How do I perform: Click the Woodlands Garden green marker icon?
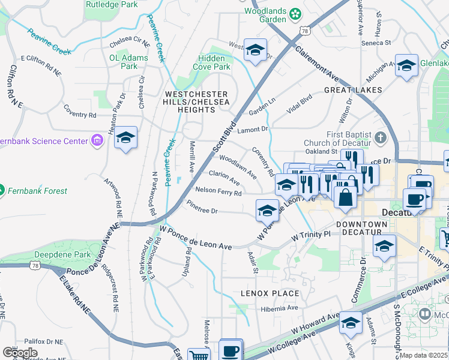[x=295, y=13]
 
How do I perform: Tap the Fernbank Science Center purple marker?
[x=96, y=142]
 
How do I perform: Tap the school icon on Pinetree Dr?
[x=267, y=209]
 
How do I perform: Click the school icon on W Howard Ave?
[x=350, y=323]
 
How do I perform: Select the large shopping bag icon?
[x=346, y=197]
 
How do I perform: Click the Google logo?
[x=20, y=353]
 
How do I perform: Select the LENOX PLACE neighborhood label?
[x=270, y=293]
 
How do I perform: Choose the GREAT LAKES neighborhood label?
[x=353, y=90]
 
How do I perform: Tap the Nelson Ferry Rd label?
[x=218, y=193]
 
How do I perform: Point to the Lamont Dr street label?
[x=252, y=129]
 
